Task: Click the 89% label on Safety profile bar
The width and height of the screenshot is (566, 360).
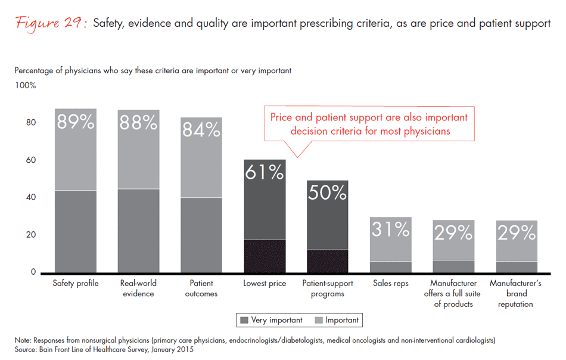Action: click(x=76, y=122)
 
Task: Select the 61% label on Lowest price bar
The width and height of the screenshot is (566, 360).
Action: click(x=265, y=173)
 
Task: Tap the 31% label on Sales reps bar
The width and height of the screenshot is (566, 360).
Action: click(x=391, y=229)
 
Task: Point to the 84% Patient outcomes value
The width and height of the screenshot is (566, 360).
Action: click(x=201, y=129)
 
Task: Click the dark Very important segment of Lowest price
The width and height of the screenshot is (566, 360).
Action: click(x=265, y=256)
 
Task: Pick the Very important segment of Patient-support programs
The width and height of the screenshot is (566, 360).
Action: click(x=327, y=261)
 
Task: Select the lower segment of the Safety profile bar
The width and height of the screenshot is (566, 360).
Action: click(x=76, y=231)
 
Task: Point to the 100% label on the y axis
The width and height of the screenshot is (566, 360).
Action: click(x=26, y=85)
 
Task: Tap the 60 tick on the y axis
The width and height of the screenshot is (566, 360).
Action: click(x=30, y=160)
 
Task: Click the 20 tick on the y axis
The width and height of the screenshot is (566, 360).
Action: click(x=30, y=235)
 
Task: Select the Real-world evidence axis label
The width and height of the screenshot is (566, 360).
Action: click(x=138, y=288)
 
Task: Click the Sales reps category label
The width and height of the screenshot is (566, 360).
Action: click(x=390, y=284)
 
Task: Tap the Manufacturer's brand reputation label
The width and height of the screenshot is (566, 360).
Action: click(x=515, y=294)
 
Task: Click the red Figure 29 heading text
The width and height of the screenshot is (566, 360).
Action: click(x=51, y=24)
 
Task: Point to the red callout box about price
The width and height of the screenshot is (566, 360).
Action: click(x=369, y=124)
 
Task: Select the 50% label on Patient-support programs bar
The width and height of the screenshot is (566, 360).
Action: click(x=327, y=193)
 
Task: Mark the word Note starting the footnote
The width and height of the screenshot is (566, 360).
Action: click(x=23, y=340)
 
